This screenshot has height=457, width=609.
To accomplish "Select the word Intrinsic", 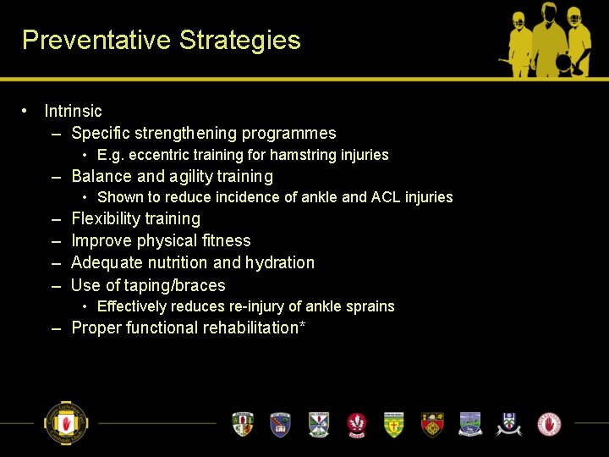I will tap(73, 111).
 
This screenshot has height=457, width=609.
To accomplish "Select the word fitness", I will tap(227, 240).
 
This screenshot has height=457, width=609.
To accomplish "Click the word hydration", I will tap(280, 262).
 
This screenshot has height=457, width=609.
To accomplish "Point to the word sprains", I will tap(370, 306).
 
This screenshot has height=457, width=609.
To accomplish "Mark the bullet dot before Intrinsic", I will tap(27, 111).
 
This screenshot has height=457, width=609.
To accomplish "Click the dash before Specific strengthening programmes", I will tap(56, 134).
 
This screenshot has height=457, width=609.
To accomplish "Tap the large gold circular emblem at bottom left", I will tap(66, 422).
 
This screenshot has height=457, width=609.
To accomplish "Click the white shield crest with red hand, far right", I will tap(549, 423).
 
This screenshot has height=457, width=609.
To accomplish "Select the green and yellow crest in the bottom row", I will tap(394, 424).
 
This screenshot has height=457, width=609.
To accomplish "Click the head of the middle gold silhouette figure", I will tap(547, 15).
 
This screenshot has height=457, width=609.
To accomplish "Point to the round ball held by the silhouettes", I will tap(561, 63).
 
